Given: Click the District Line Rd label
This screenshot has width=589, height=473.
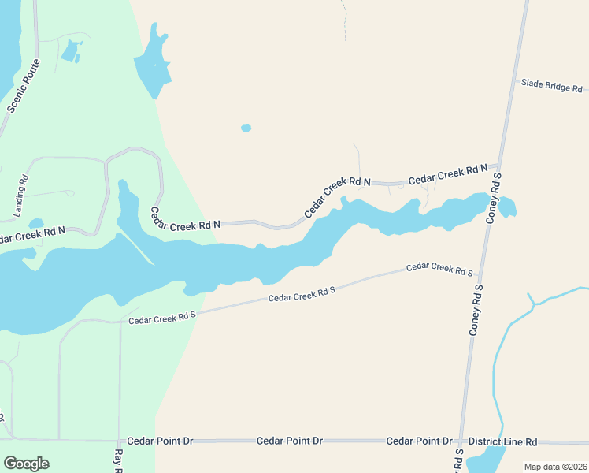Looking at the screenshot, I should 502,441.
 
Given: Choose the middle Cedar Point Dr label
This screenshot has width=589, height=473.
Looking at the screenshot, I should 290,441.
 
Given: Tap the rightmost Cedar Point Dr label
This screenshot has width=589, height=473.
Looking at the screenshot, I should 419,441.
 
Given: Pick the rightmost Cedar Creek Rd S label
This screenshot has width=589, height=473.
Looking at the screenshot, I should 439,269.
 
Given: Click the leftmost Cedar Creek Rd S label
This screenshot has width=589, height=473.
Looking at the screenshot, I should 161,317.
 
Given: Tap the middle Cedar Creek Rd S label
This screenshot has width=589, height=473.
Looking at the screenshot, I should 302,294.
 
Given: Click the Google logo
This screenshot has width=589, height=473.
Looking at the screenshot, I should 26,464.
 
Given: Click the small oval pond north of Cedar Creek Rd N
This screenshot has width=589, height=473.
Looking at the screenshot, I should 246,128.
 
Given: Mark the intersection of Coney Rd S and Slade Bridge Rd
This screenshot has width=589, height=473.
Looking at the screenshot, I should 514,81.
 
